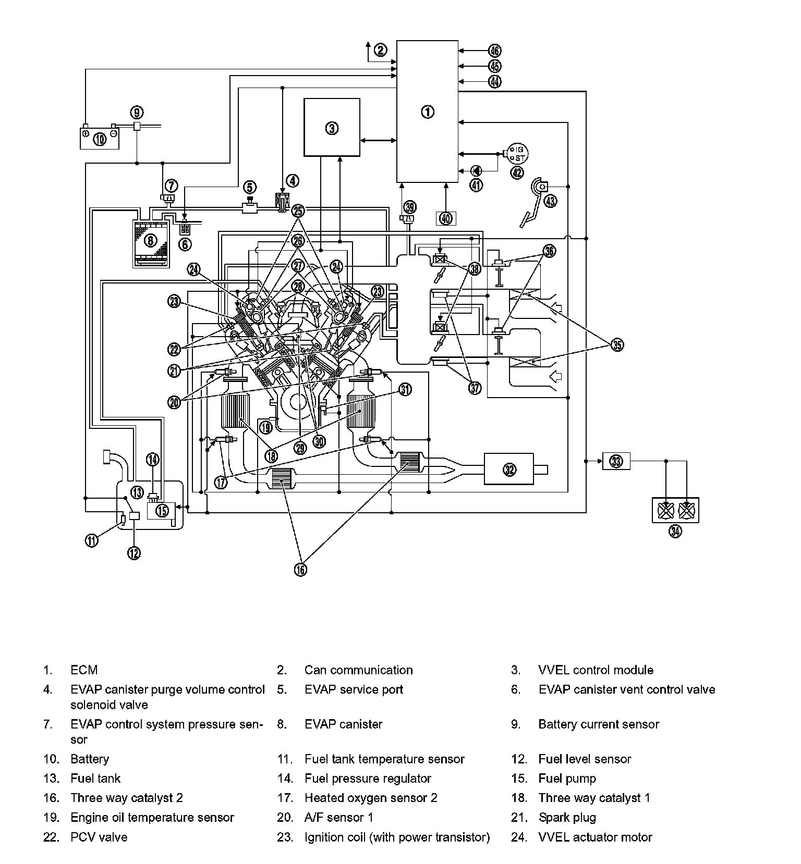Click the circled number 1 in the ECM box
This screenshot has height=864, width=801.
click(427, 112)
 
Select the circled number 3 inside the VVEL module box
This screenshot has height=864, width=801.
click(332, 128)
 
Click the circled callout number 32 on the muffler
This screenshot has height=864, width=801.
click(509, 470)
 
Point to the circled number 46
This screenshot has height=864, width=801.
click(494, 51)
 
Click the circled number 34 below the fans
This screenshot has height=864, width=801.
click(675, 531)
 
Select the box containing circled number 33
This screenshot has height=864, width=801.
click(616, 461)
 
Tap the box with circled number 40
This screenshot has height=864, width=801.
click(446, 218)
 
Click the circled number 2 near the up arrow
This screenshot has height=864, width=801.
click(381, 50)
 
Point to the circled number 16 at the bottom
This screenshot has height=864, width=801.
click(300, 570)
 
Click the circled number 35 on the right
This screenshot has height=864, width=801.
click(617, 345)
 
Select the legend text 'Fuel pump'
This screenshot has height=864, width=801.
click(567, 779)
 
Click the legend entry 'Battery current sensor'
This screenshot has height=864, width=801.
click(599, 724)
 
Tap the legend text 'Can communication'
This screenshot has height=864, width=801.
click(358, 670)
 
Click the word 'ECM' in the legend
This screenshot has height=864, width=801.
click(84, 670)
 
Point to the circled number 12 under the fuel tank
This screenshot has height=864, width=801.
click(134, 553)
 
